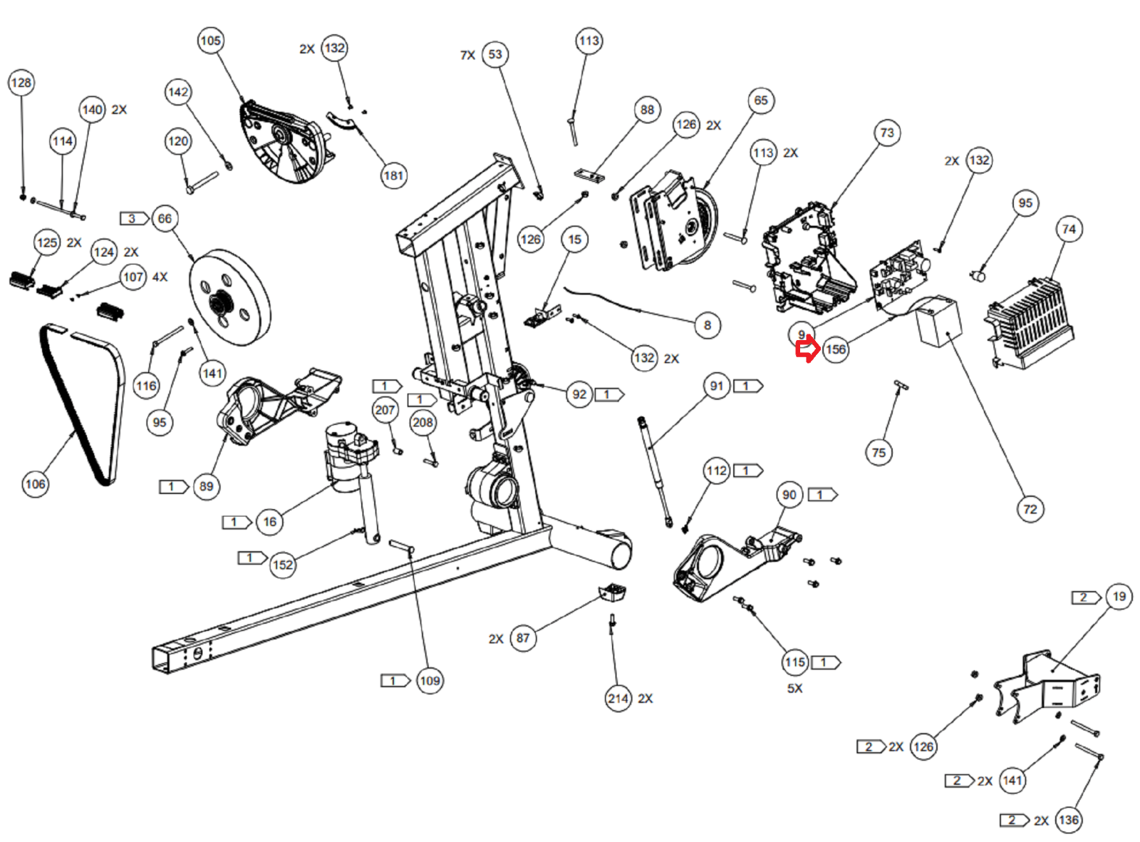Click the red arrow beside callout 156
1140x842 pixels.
(807, 350)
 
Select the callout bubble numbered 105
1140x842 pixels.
(210, 41)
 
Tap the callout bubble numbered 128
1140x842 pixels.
(21, 83)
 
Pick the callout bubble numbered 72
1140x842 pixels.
(1030, 509)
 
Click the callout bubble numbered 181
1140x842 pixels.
(393, 175)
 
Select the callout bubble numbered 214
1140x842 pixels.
(618, 699)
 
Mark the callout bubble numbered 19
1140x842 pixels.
(1119, 597)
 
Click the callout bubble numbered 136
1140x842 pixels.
(1068, 820)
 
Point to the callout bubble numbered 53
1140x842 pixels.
(495, 55)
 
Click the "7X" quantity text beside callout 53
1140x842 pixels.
(467, 56)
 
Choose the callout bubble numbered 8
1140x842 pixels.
(707, 325)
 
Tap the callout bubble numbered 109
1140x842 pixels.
(430, 681)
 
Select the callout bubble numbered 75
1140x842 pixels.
(879, 453)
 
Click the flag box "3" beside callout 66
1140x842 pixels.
(133, 218)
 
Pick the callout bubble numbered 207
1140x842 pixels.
(385, 410)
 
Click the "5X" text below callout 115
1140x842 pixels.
(794, 689)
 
